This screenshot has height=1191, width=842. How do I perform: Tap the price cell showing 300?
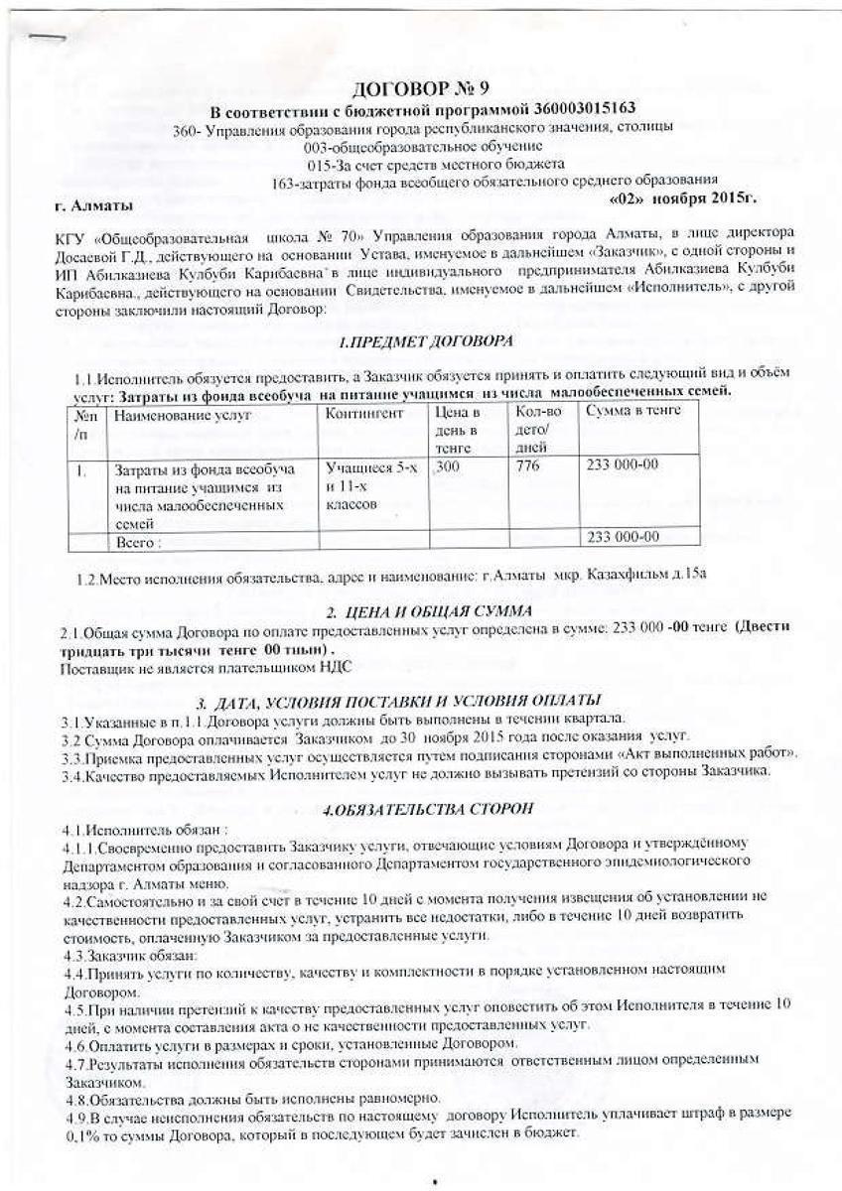447,463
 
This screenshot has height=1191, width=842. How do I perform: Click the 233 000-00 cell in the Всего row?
625,537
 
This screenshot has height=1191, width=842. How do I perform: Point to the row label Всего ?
138,543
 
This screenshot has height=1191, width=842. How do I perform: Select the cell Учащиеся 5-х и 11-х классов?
364,485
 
